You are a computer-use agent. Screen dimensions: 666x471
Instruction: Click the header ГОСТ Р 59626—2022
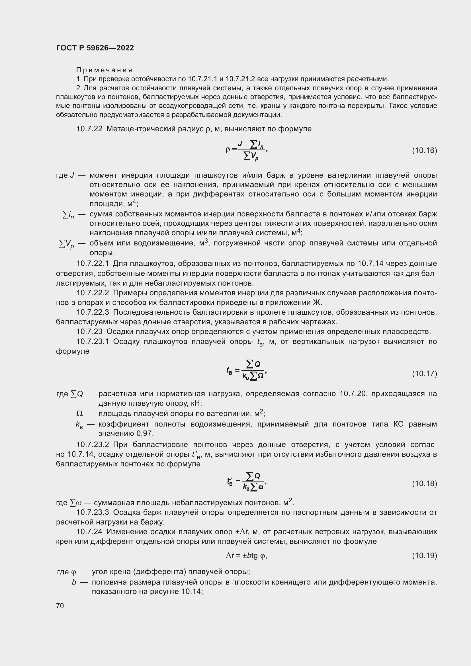pos(95,48)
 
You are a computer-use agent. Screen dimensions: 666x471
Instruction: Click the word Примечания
pos(104,70)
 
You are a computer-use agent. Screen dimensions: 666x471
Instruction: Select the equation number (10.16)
pos(424,151)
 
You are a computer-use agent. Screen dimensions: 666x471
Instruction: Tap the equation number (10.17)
pos(424,374)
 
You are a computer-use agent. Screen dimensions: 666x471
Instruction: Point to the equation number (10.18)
pos(424,483)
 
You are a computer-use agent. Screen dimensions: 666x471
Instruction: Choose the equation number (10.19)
pos(424,556)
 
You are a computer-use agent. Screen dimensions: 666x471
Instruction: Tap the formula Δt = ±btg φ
pos(246,556)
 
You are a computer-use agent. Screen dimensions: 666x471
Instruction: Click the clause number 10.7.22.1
pos(93,264)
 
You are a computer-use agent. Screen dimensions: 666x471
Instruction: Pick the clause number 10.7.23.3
pos(93,513)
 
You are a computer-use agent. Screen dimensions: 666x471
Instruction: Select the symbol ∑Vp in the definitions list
pos(66,245)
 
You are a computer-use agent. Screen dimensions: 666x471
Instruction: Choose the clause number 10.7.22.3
pos(93,312)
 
